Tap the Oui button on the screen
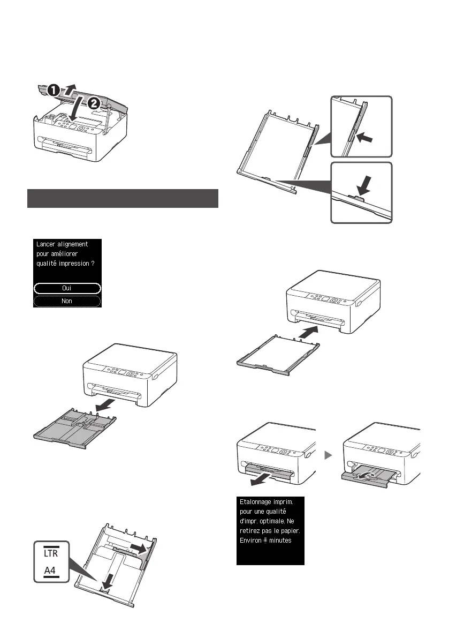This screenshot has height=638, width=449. pos(67,288)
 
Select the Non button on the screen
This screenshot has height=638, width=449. pos(67,301)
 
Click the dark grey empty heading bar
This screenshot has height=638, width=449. pos(123,198)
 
